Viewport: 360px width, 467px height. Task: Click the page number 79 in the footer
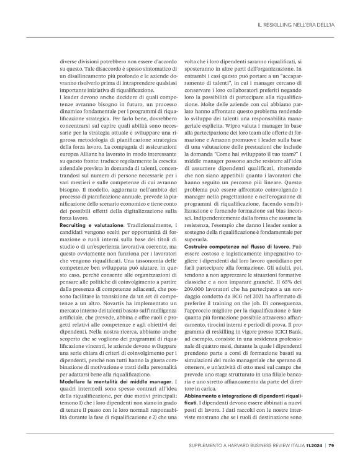331,444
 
